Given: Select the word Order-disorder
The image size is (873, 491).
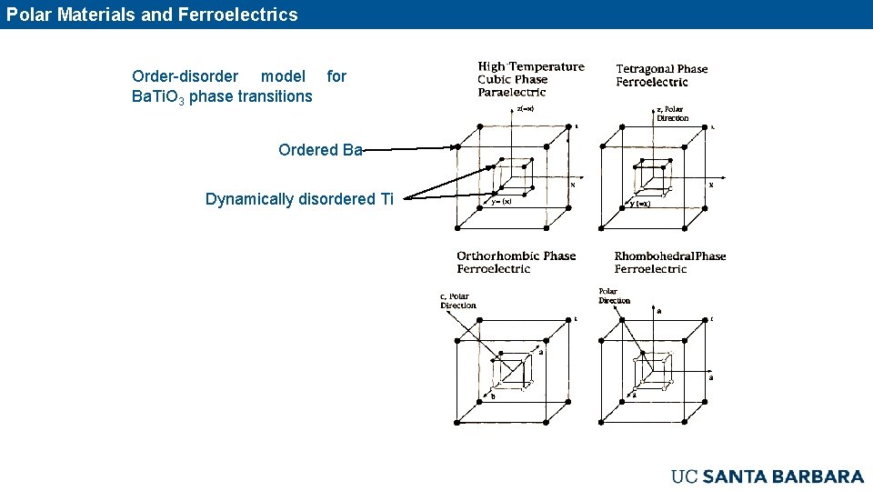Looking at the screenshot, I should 186,76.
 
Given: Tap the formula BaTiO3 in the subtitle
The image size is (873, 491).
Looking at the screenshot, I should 158,96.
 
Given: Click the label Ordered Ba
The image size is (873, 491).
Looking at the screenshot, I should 320,150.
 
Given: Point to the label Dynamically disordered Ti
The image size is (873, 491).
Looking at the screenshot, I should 299,199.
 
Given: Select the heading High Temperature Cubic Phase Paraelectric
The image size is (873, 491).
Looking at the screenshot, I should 531,79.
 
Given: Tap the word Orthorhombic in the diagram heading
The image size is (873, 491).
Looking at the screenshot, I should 498,256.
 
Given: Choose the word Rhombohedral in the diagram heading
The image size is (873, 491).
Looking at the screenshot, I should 653,256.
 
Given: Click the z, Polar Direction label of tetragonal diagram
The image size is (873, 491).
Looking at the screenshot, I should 672,114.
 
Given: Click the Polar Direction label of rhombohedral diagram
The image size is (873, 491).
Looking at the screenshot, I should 614,296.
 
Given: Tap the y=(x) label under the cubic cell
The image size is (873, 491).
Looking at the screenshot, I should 501,202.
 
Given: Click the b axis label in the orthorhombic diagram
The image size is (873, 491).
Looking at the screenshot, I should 493,396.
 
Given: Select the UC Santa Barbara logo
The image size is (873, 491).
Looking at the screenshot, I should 767,476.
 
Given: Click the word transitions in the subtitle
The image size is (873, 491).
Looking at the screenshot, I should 275,96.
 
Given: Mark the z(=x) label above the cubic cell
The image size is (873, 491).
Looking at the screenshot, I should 525,110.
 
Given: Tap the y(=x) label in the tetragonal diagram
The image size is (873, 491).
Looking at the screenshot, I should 638,204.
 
